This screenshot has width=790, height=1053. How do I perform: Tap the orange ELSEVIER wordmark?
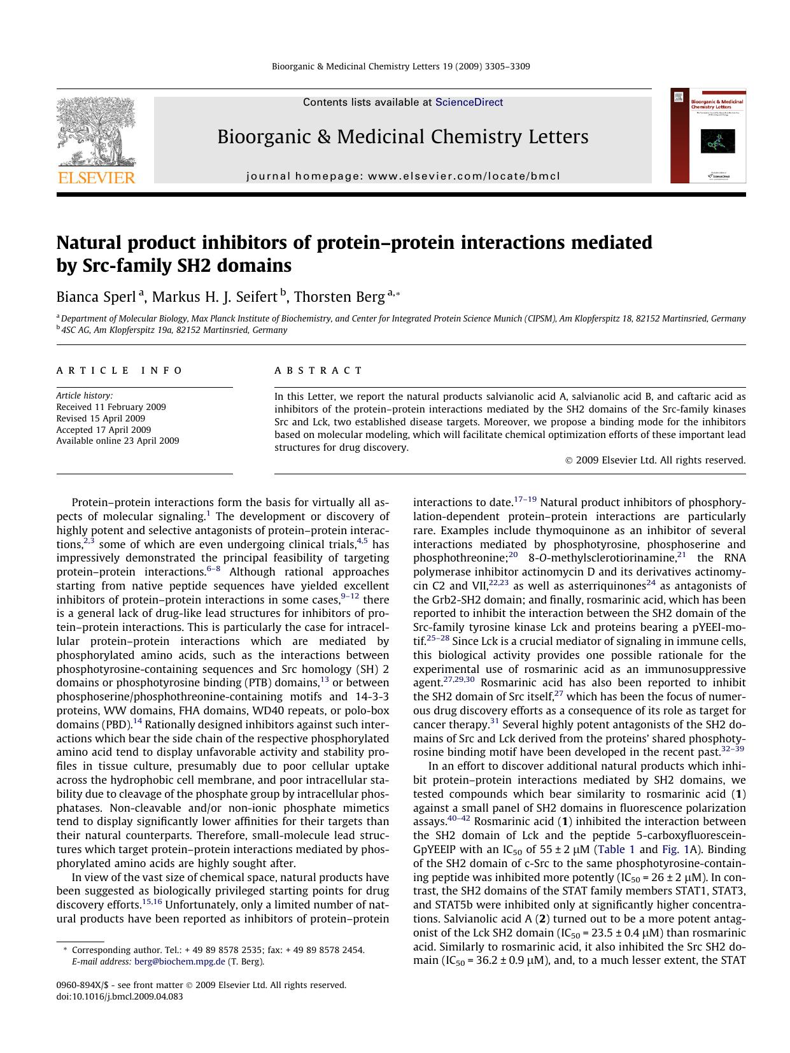pos(96,178)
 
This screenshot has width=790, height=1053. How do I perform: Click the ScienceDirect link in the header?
pos(469,102)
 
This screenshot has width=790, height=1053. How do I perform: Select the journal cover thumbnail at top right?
pos(708,136)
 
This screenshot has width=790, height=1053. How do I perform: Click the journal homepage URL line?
pos(403,176)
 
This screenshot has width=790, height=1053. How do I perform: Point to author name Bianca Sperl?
pos(96,297)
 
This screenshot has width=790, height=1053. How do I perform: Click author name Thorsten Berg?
pos(339,297)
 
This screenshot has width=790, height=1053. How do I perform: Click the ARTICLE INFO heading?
pos(120,371)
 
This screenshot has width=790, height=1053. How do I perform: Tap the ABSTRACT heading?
pos(318,371)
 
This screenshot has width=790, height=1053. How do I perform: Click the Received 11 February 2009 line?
pos(111,407)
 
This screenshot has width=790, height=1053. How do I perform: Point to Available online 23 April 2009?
pos(118,441)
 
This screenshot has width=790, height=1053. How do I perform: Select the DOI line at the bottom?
pos(120,996)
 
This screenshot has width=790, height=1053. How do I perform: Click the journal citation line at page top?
pos(400,66)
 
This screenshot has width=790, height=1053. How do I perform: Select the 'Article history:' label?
pos(85,395)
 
